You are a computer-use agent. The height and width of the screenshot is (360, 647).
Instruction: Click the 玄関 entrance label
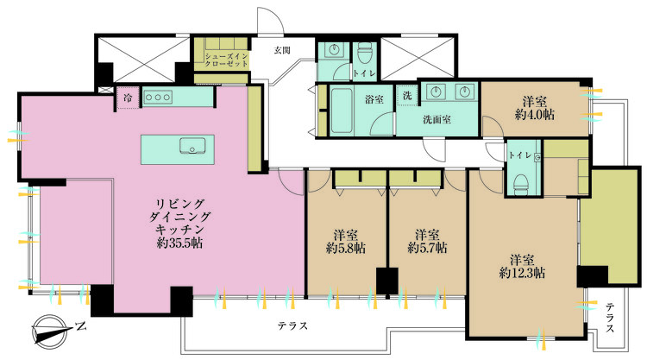(282, 50)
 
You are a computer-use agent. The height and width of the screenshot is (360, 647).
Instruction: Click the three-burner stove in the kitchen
(158, 98)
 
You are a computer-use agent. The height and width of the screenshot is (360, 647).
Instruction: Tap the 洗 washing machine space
(405, 96)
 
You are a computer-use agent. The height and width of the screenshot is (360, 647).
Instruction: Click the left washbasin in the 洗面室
(434, 91)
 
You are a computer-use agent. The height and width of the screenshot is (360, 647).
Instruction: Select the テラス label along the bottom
(293, 325)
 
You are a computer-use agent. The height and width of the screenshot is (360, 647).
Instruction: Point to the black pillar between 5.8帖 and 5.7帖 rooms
(386, 281)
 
